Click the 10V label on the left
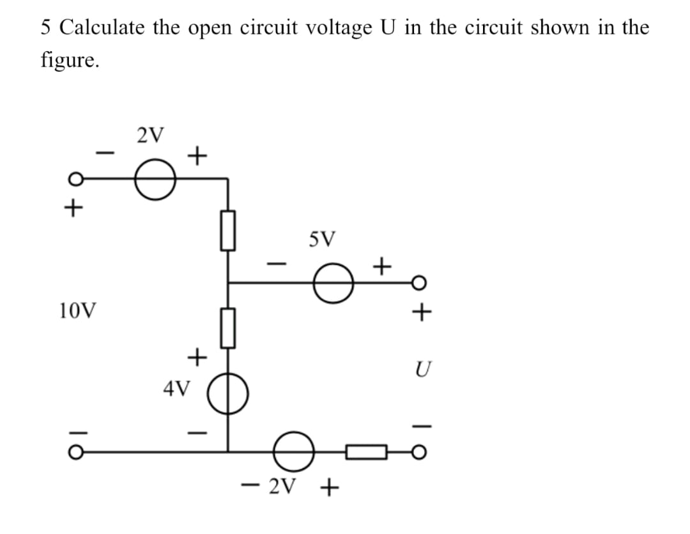[77, 312]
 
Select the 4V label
[176, 388]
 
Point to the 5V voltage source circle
[332, 282]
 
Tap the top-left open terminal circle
[75, 180]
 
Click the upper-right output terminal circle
[418, 282]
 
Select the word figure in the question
[69, 61]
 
